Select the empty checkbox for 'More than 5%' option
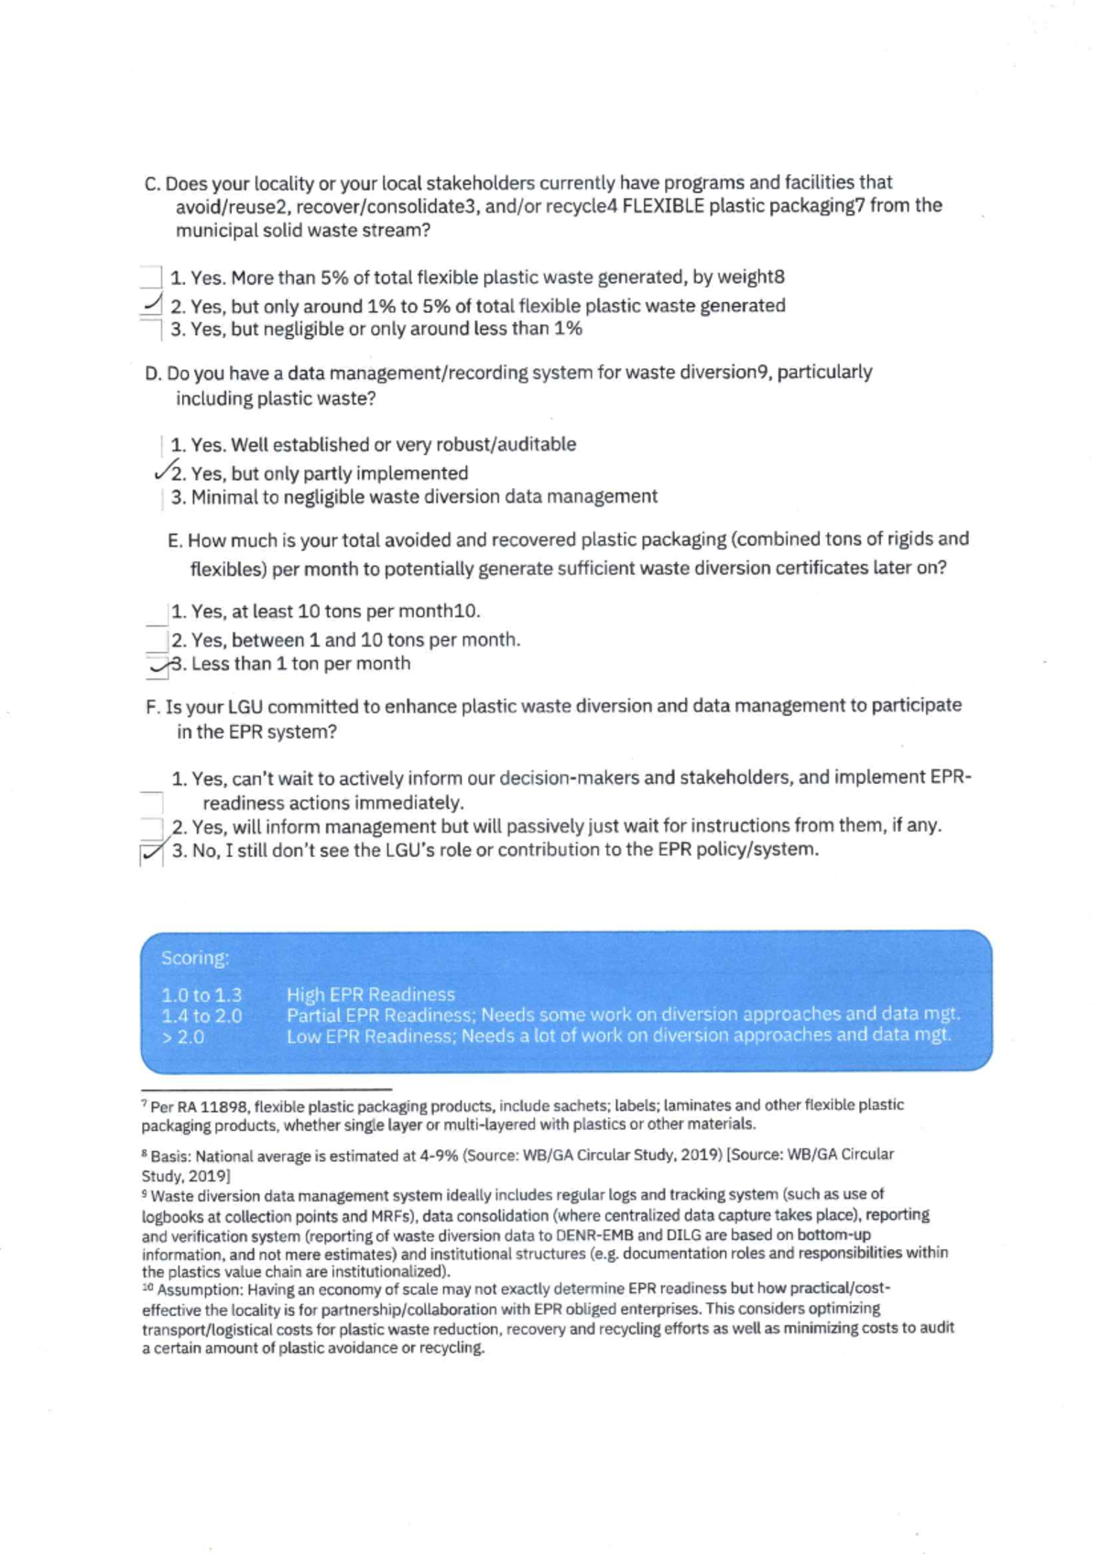152,277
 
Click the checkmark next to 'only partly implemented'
164,472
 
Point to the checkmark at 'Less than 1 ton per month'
160,667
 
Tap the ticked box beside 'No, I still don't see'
151,853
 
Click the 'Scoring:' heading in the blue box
195,958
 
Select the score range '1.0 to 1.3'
201,994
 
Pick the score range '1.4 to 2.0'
201,1016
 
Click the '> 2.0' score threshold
183,1038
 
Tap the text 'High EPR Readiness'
370,994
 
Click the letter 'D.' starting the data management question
154,373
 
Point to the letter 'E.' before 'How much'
175,540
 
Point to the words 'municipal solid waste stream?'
302,230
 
